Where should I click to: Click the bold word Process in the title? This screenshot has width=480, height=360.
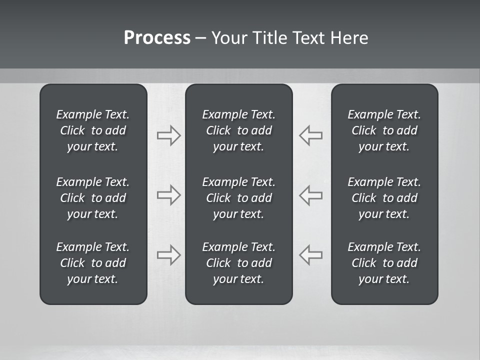click(x=157, y=38)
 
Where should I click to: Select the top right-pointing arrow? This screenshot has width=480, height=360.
click(x=168, y=135)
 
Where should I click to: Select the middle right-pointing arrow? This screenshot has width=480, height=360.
click(x=168, y=194)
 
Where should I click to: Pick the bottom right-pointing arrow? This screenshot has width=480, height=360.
click(x=168, y=254)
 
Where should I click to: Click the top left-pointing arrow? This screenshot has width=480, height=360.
click(x=311, y=135)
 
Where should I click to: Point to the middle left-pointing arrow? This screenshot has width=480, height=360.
click(x=311, y=194)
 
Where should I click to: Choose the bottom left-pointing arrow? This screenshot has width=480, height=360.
click(x=311, y=254)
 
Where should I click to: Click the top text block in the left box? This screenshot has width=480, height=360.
click(x=93, y=130)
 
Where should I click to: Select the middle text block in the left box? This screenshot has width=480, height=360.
click(x=93, y=198)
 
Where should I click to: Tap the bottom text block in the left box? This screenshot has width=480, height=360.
click(x=93, y=263)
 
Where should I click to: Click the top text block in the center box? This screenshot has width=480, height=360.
click(x=238, y=130)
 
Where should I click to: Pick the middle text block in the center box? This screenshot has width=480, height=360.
click(x=238, y=198)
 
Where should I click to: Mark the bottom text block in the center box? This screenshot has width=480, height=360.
click(x=238, y=263)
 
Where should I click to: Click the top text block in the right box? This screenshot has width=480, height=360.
click(x=384, y=130)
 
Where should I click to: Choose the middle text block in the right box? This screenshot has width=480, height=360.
click(x=384, y=198)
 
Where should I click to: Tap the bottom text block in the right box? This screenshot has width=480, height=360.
click(x=384, y=263)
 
